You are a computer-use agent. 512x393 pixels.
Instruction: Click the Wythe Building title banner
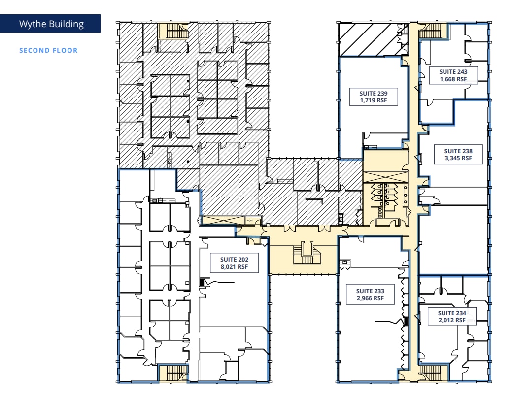point(51,24)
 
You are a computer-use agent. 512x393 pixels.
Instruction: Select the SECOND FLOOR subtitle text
point(48,50)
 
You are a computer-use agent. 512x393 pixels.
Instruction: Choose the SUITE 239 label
point(373,93)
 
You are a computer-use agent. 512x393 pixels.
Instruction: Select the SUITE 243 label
point(453,71)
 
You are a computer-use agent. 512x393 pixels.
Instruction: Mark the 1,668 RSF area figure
point(453,79)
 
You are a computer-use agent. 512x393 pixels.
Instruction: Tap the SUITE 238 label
point(458,151)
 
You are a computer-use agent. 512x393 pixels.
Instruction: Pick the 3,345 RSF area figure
point(458,159)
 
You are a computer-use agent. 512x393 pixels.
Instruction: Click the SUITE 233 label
point(370,291)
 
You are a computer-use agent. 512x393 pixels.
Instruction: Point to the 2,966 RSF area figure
point(370,298)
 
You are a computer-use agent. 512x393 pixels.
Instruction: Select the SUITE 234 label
point(452,313)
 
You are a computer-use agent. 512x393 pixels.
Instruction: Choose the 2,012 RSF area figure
point(452,320)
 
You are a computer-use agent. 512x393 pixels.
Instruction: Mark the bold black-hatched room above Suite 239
point(369,40)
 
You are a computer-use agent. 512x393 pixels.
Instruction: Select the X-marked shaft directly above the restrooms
point(385,176)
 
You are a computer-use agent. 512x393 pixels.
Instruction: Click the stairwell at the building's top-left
point(173,31)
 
